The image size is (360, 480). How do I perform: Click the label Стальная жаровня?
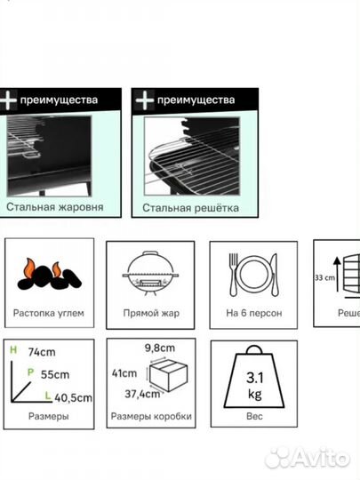click(55, 207)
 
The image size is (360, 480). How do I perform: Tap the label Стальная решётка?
click(190, 208)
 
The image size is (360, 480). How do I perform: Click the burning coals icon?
click(49, 275)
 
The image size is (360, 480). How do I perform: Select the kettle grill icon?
click(150, 274)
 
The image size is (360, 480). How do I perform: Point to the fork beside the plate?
click(233, 274)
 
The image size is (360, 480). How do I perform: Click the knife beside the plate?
click(274, 275)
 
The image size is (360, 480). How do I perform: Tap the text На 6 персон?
click(253, 313)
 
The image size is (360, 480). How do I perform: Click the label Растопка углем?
click(49, 314)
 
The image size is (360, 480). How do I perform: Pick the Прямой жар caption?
click(151, 313)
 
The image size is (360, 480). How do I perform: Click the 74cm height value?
click(42, 352)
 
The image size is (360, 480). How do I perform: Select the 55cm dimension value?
click(55, 375)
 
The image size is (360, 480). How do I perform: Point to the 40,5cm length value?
click(74, 398)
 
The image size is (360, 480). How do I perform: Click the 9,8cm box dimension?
click(160, 348)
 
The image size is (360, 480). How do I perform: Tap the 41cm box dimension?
click(124, 373)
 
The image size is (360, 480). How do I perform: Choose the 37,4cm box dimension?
click(142, 394)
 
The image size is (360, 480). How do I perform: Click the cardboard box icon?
click(168, 375)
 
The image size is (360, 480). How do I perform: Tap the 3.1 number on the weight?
click(255, 378)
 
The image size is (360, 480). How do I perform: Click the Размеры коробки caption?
click(151, 416)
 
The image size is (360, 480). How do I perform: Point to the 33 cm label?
click(324, 278)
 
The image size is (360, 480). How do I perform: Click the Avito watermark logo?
click(308, 458)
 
